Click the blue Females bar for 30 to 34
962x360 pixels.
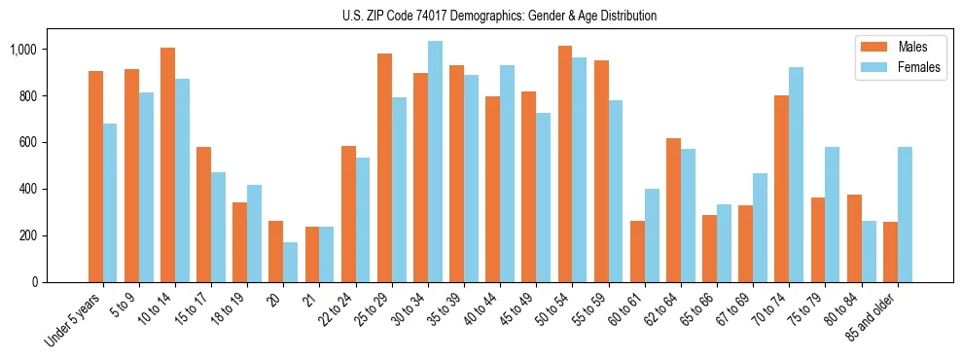click(x=435, y=162)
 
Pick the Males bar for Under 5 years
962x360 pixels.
click(x=95, y=176)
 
